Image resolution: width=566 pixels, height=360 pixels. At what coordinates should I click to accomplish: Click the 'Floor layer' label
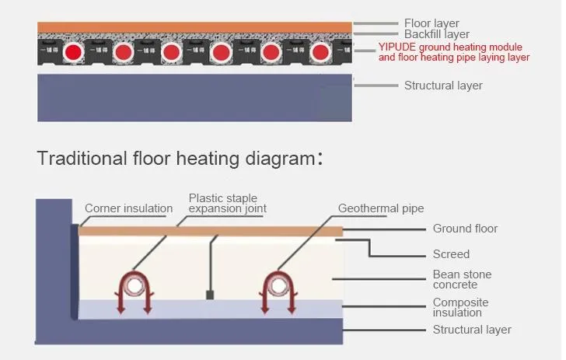point(431,23)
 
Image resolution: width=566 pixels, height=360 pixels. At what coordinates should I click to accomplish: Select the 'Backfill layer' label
point(437,34)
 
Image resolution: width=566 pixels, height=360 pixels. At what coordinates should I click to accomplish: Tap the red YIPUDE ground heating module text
point(454,51)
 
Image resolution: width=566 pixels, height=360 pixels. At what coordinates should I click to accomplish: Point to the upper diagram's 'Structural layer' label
point(443,86)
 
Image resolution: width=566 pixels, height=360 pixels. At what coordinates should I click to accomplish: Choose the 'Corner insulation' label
point(128,208)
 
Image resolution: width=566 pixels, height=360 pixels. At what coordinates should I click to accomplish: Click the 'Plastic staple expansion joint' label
point(227,204)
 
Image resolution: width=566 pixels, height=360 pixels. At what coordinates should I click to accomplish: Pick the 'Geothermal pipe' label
point(381,208)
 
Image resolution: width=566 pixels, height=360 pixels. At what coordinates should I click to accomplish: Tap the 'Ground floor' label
point(465,229)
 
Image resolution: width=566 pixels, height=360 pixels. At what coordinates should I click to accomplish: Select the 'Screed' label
point(451,254)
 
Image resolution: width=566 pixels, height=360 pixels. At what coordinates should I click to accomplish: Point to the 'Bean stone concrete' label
point(462,280)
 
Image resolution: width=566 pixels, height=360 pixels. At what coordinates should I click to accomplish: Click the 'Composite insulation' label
point(461,307)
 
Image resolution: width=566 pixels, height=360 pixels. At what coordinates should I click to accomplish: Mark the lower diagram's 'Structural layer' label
point(472,330)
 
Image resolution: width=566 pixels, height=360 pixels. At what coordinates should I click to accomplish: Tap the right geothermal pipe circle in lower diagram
point(278,285)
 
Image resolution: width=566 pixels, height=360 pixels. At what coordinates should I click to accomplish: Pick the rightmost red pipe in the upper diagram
point(320,53)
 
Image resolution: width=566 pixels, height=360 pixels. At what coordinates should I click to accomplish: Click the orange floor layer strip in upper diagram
point(194,27)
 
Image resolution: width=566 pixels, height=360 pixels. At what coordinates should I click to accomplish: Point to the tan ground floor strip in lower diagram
point(210,231)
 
